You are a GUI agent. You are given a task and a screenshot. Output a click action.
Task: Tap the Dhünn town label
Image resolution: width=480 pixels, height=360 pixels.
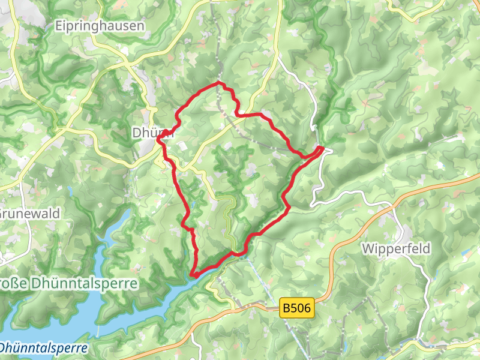coord(154,133)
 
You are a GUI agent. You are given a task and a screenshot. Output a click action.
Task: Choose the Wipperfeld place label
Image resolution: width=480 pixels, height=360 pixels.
coord(396,247)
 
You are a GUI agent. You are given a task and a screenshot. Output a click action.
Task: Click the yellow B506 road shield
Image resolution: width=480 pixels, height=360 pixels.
coord(297,309)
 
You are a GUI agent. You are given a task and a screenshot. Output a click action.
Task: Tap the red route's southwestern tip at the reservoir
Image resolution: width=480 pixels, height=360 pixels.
coord(191,275)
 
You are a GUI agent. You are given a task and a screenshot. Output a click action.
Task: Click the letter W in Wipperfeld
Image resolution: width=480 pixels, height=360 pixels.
coord(367,247)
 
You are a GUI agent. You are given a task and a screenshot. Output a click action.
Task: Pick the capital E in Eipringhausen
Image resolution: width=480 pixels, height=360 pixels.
coord(58,26)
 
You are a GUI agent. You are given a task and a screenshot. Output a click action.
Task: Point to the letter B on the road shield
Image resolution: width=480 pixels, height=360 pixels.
coord(286,309)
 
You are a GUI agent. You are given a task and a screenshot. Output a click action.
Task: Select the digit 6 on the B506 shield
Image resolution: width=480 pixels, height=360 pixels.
coord(308,309)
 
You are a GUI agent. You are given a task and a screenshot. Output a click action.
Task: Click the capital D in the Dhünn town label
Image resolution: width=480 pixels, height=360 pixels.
coord(137,133)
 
